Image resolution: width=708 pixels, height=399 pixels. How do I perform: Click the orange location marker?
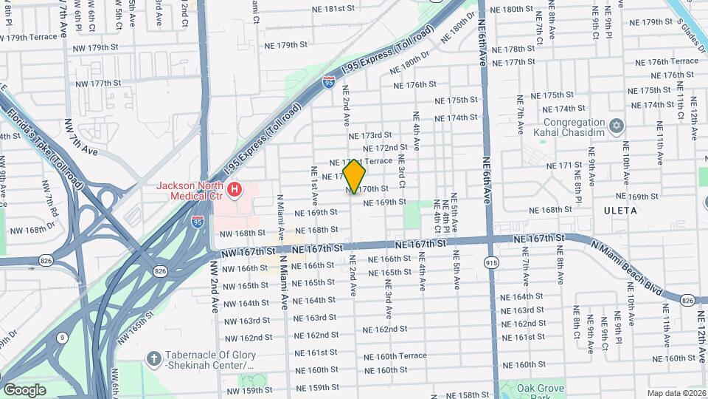coord(355,176)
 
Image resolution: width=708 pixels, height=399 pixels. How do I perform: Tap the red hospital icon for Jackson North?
coord(235,191)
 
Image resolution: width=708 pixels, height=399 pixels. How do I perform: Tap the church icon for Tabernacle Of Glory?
coord(153,358)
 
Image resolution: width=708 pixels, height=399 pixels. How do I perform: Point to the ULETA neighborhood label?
coord(622,211)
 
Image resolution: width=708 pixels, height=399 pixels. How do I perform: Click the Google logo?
coord(24,389)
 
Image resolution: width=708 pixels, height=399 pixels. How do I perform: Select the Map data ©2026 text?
coord(676,393)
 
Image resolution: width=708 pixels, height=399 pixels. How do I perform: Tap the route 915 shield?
coord(491,262)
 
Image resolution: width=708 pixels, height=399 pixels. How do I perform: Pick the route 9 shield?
coord(63,338)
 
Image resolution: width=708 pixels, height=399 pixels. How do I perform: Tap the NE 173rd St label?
coord(370,135)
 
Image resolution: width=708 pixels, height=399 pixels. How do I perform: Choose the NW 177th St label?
coord(97,83)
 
